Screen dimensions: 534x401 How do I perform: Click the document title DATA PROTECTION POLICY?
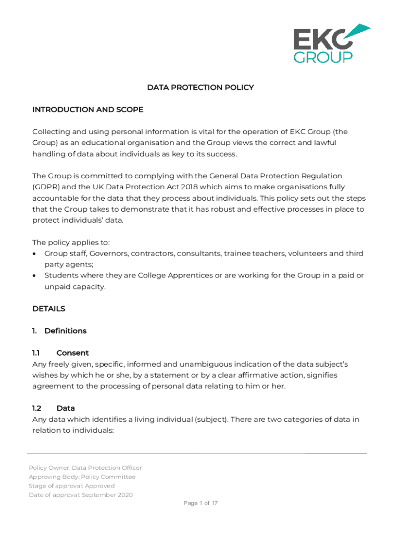pyautogui.click(x=200, y=88)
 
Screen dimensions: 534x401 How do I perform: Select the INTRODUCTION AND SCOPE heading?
pyautogui.click(x=87, y=110)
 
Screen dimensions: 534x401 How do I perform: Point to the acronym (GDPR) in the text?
pyautogui.click(x=46, y=187)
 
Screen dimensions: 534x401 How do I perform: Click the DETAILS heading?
pyautogui.click(x=48, y=309)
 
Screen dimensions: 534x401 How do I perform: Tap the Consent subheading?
pyautogui.click(x=72, y=353)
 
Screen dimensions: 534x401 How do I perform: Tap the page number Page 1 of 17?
pyautogui.click(x=200, y=503)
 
